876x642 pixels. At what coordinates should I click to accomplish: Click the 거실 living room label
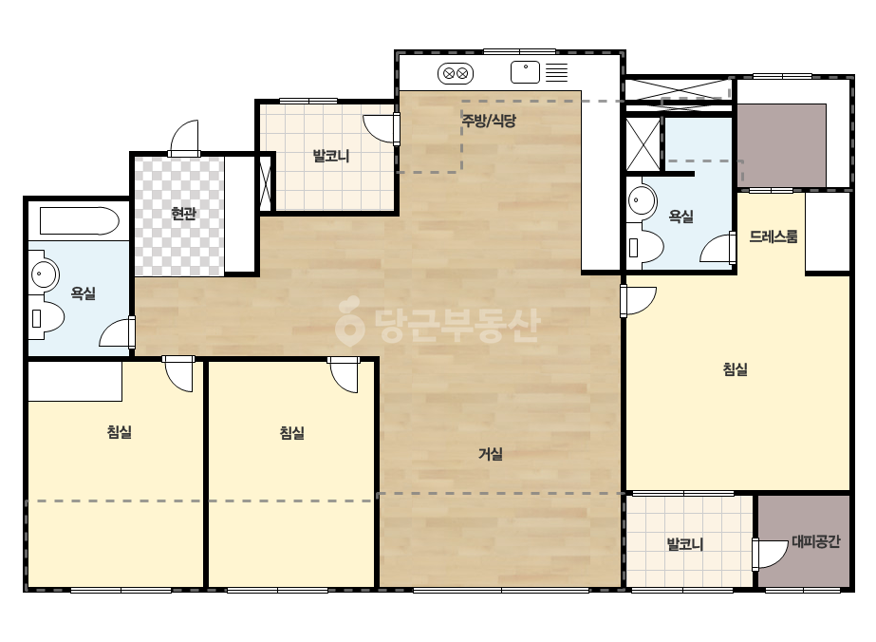pyautogui.click(x=491, y=454)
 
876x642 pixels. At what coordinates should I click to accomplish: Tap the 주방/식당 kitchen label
pyautogui.click(x=489, y=121)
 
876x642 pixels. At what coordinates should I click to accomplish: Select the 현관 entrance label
pyautogui.click(x=184, y=214)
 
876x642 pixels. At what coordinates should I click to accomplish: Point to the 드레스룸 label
pyautogui.click(x=773, y=236)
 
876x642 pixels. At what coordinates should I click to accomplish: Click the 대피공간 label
pyautogui.click(x=815, y=541)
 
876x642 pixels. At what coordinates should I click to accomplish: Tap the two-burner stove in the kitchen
pyautogui.click(x=456, y=73)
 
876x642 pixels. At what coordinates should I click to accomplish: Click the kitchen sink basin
pyautogui.click(x=525, y=73)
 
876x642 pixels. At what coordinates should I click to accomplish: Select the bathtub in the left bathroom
pyautogui.click(x=80, y=221)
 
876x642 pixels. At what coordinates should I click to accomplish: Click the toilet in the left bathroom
pyautogui.click(x=47, y=318)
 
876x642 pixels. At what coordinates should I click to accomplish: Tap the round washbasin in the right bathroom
pyautogui.click(x=642, y=199)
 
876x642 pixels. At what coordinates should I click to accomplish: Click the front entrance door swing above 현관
pyautogui.click(x=184, y=138)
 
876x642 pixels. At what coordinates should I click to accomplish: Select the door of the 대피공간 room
pyautogui.click(x=769, y=555)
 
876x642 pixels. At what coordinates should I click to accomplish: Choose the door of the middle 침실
pyautogui.click(x=343, y=375)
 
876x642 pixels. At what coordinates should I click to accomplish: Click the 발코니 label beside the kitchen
pyautogui.click(x=331, y=156)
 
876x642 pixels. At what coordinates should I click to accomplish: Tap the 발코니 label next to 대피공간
pyautogui.click(x=685, y=544)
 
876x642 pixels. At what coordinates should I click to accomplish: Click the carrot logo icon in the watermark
pyautogui.click(x=349, y=321)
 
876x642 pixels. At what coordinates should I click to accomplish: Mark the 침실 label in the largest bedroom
pyautogui.click(x=736, y=369)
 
